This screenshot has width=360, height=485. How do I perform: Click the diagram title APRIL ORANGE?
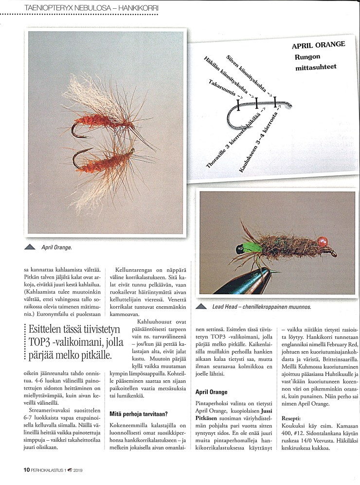[x=318, y=45]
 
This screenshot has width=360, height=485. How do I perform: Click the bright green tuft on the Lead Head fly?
[x=253, y=247]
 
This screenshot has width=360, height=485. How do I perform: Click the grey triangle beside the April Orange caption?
[x=30, y=247]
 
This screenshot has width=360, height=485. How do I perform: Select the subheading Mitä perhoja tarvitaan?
[x=139, y=400]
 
